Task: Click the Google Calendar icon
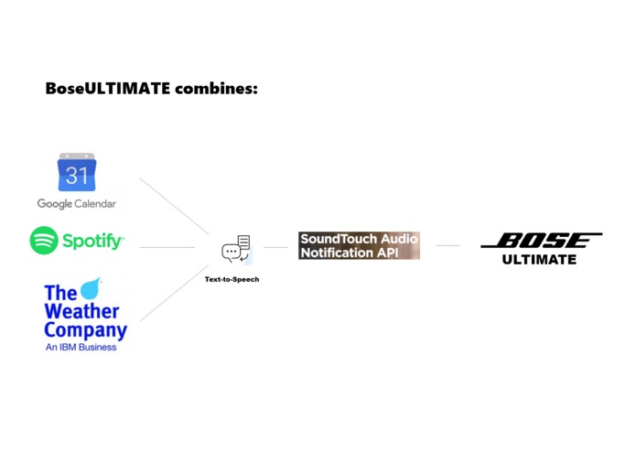click(x=77, y=172)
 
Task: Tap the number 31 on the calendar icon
click(x=77, y=176)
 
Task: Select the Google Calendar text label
click(x=77, y=203)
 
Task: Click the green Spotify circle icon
click(x=44, y=241)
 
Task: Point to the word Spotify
click(x=92, y=242)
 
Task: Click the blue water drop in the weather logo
click(x=92, y=289)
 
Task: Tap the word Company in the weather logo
click(x=85, y=330)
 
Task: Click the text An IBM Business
click(x=81, y=348)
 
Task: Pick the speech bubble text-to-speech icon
click(x=236, y=248)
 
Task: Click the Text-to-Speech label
click(x=232, y=279)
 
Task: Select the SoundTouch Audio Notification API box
click(x=359, y=245)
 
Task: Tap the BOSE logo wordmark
click(x=541, y=241)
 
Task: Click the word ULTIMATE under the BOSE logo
click(x=540, y=260)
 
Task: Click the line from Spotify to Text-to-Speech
click(x=167, y=247)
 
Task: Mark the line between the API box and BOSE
click(x=448, y=245)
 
